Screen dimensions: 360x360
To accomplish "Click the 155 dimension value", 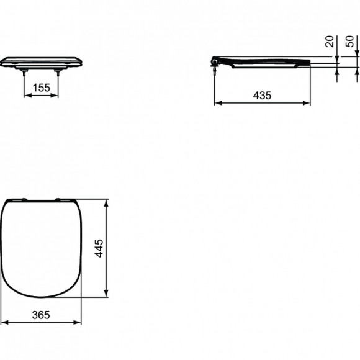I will [x=42, y=88].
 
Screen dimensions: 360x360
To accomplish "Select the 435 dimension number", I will [x=263, y=95].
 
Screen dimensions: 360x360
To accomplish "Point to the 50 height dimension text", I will [x=350, y=42].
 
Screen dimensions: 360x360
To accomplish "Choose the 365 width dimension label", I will [x=40, y=315].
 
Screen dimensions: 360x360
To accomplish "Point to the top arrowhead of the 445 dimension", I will [x=109, y=202].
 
